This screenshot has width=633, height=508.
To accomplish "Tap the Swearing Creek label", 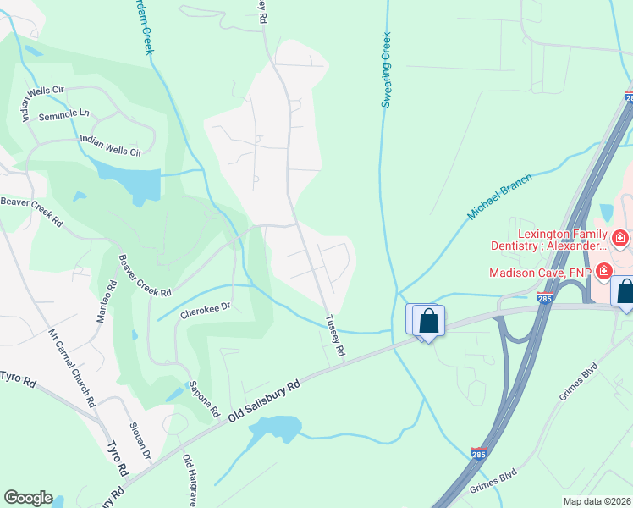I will tap(387, 69).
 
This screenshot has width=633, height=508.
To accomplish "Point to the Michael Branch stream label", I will tap(499, 196).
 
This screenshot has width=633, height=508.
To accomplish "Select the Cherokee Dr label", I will tap(205, 311).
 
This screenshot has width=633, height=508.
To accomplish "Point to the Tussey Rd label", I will tap(335, 335).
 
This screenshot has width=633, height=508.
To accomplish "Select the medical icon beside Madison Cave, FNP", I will tap(604, 272).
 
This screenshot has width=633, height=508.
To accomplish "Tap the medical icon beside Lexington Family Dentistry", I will tap(620, 240).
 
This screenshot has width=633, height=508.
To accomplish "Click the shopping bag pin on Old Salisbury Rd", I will tap(429, 322).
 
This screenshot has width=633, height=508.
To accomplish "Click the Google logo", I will tap(28, 498).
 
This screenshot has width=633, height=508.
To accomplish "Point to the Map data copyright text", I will tap(596, 501).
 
